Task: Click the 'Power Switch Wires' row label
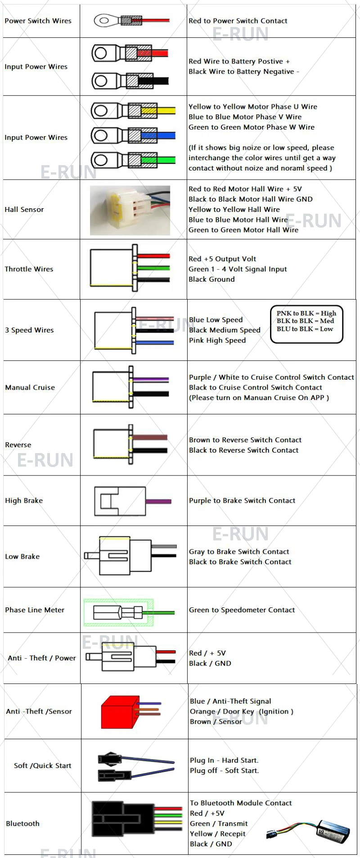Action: point(38,21)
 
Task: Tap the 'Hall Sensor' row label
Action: point(24,209)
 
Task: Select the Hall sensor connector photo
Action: point(130,210)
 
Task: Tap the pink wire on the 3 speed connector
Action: point(155,319)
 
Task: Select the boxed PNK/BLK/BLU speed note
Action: point(306,321)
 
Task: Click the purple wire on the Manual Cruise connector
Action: point(151,380)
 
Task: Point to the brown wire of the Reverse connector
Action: point(150,437)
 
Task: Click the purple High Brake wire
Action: point(158,501)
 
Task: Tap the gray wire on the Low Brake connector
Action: point(164,546)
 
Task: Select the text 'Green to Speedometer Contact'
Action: point(242,610)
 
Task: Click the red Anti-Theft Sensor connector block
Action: point(118,712)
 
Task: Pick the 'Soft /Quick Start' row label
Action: point(43,765)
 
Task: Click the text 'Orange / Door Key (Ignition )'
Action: point(242,711)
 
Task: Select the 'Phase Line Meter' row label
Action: point(35,610)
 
